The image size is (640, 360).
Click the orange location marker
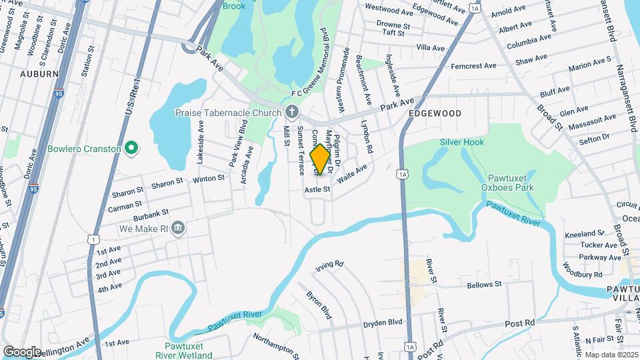coord(320,159)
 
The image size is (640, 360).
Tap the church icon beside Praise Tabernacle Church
coord(291,113)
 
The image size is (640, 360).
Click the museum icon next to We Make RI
coord(178,229)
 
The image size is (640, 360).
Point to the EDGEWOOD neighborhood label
coord(435,114)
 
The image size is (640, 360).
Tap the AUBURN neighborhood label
coord(39,73)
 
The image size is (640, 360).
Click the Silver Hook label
coord(461,142)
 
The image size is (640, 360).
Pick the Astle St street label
coord(317,190)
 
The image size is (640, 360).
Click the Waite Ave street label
coord(353,174)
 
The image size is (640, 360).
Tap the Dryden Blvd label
coord(383,323)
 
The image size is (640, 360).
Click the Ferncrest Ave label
coord(473,66)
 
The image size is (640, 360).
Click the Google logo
coord(22,351)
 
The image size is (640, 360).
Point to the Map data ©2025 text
coord(611,355)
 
